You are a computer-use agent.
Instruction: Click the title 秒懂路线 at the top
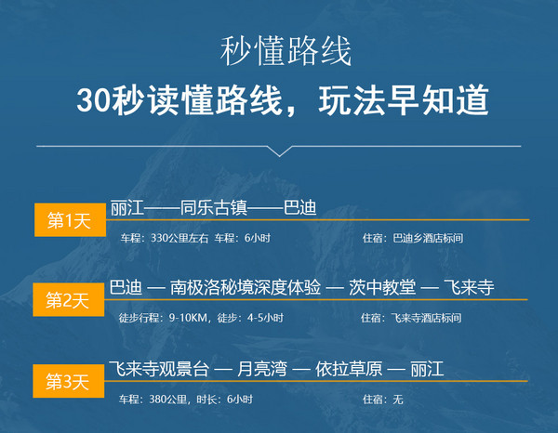(286, 51)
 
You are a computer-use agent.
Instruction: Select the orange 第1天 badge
(70, 219)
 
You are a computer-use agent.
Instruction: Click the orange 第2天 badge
(69, 300)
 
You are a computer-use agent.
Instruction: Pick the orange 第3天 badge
(69, 381)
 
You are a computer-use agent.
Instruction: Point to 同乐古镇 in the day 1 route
(214, 208)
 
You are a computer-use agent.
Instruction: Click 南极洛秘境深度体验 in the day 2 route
(246, 287)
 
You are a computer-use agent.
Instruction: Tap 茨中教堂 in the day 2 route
(382, 287)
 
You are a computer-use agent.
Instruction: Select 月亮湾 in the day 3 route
(262, 369)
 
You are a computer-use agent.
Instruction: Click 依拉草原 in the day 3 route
(349, 369)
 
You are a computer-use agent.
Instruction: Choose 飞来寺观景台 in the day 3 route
(159, 369)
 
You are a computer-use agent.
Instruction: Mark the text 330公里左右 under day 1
(179, 238)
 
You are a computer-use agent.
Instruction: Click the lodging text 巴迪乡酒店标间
(428, 238)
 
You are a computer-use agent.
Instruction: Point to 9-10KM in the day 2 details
(188, 318)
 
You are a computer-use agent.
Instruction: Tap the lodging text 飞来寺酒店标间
(426, 318)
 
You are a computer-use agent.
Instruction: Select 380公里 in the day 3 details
(168, 400)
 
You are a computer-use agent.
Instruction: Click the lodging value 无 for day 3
(398, 400)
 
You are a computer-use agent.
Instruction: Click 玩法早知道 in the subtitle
(404, 100)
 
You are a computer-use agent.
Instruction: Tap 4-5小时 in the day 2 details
(265, 318)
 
